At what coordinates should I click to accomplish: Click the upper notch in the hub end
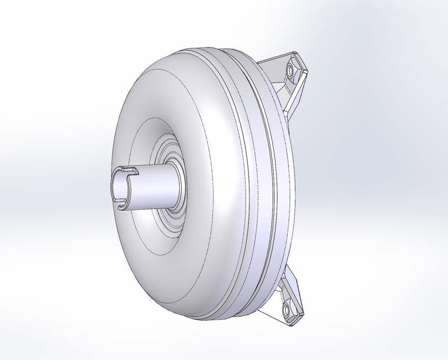[x=128, y=169]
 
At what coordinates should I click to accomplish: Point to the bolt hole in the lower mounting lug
[x=287, y=309]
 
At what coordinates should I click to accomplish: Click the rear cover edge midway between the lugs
[x=293, y=186]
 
